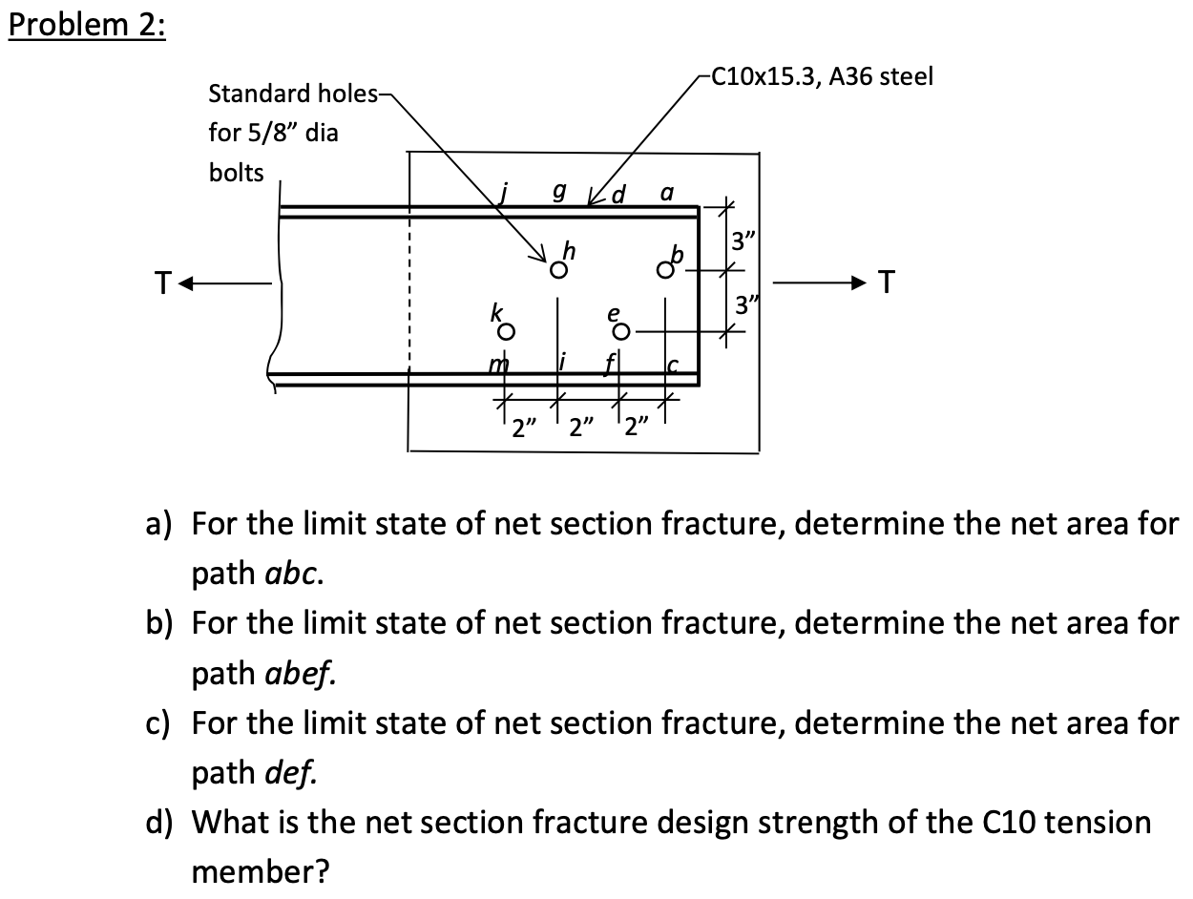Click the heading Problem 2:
87,25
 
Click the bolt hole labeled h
556,270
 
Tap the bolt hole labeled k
510,332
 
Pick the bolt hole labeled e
620,332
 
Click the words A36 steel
882,77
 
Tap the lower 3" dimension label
741,307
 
